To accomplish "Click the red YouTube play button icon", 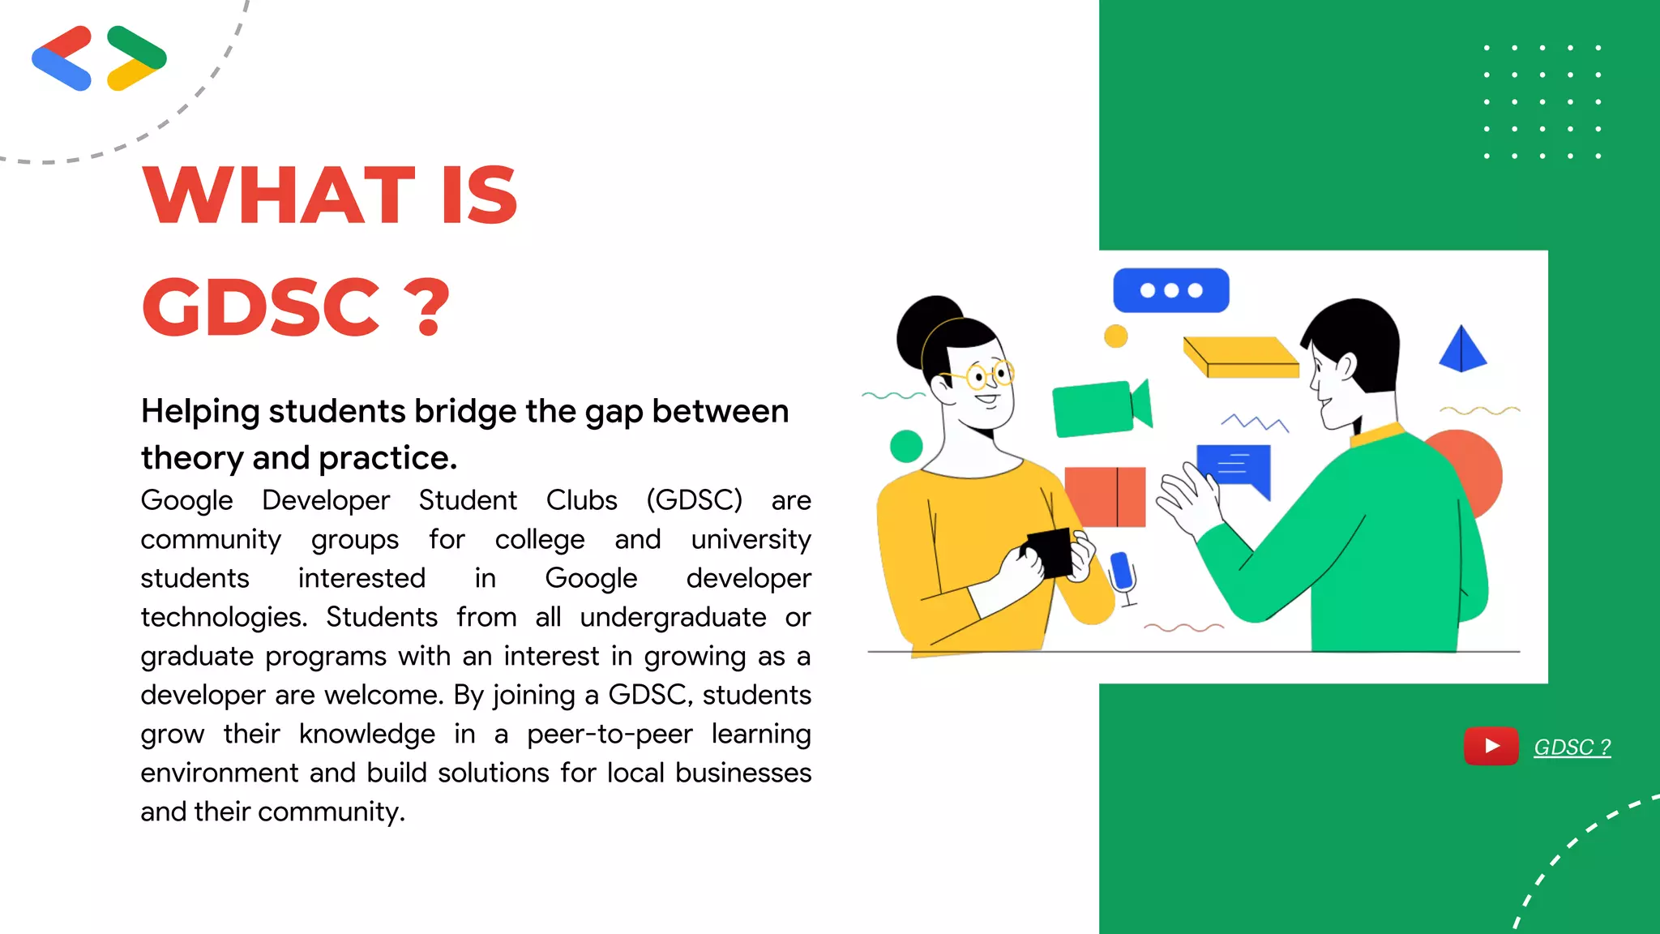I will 1491,746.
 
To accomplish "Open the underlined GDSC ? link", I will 1572,747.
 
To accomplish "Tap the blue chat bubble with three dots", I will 1170,290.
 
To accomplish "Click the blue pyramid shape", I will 1462,350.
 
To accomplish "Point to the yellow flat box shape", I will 1240,358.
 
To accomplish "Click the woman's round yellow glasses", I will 990,375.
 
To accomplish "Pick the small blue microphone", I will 1122,571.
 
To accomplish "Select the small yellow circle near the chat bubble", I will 1116,336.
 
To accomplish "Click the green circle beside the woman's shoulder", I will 906,446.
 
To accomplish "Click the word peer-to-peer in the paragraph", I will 610,734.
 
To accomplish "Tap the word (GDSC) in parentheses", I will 694,500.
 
